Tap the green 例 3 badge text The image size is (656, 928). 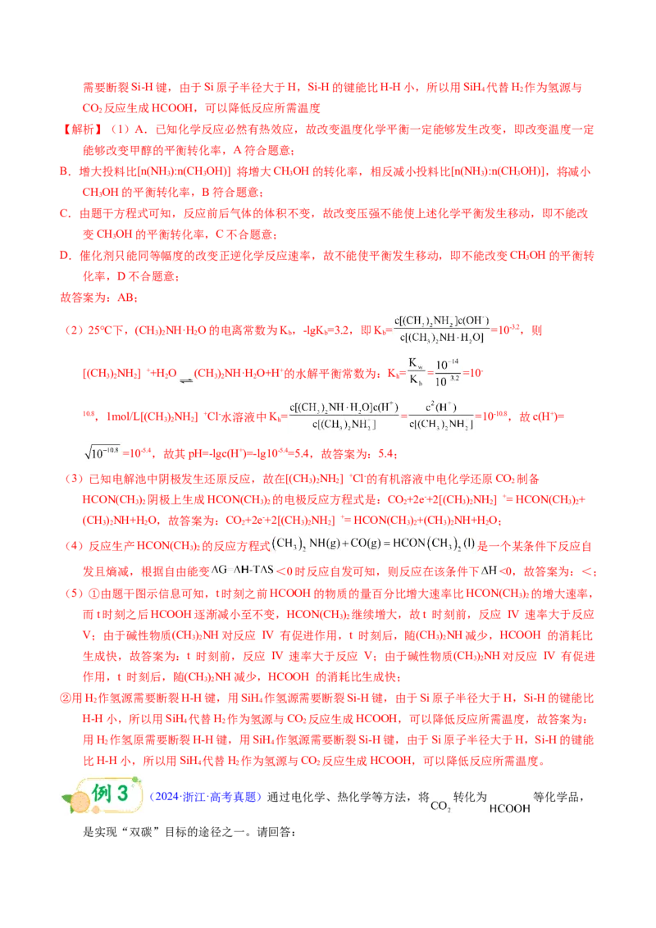(x=110, y=793)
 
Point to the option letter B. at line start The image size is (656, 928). (x=66, y=171)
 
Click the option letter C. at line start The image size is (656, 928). (x=66, y=214)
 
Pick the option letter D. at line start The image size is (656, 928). (x=66, y=256)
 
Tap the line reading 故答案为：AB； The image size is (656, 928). (x=99, y=298)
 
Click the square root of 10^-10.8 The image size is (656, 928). (x=102, y=453)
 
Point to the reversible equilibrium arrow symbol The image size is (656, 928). (x=186, y=380)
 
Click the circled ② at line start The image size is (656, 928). (x=66, y=698)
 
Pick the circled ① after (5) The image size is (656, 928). (x=94, y=594)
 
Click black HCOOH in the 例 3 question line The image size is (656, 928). (x=510, y=808)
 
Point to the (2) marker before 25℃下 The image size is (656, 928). (x=74, y=330)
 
